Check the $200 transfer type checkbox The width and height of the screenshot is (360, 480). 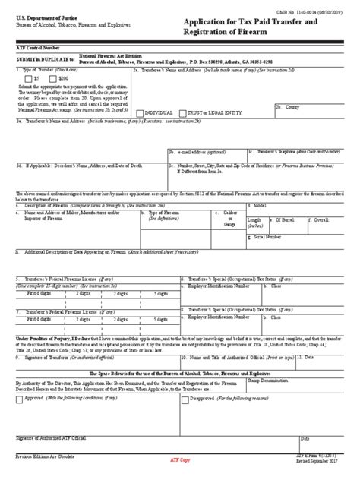[52, 78]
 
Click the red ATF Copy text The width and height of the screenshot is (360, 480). [180, 461]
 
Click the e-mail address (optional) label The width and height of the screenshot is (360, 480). [201, 151]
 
